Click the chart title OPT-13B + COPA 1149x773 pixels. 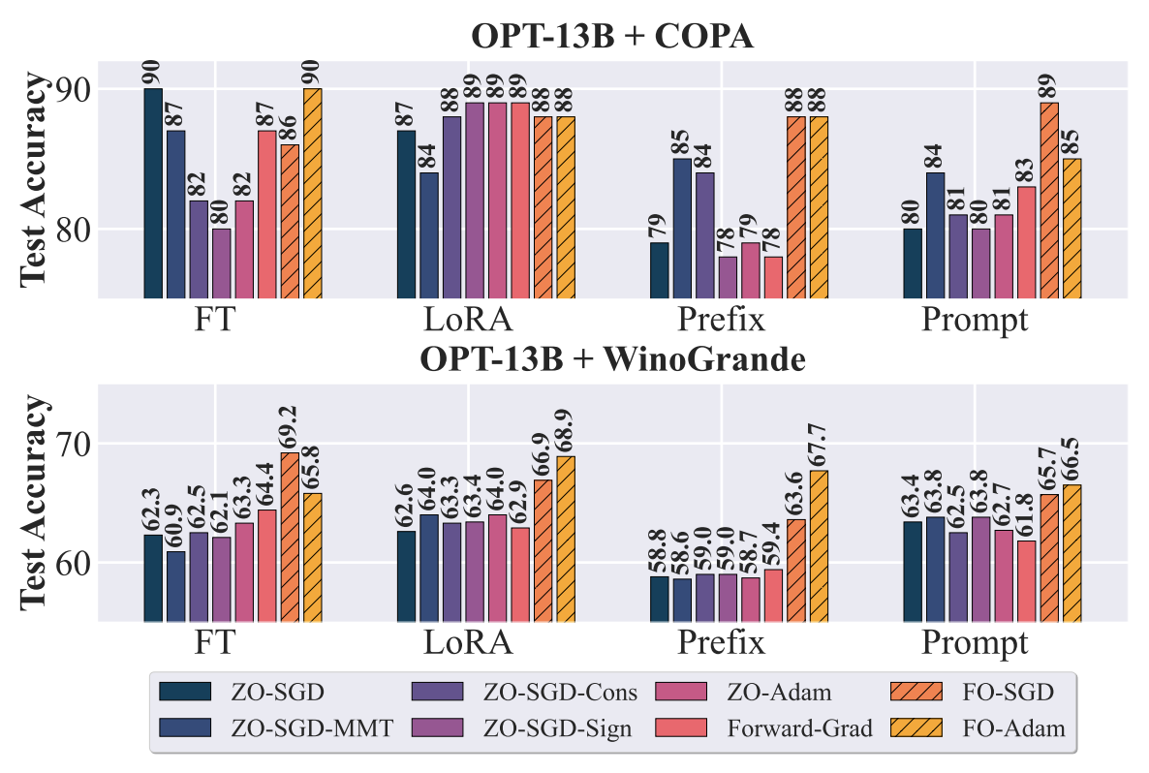[x=612, y=36]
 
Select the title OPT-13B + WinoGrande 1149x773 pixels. [x=612, y=359]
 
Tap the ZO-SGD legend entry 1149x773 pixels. [x=242, y=692]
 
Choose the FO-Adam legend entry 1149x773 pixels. [x=978, y=728]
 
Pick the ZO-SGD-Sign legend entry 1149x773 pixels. [x=522, y=728]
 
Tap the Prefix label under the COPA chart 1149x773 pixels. [x=721, y=320]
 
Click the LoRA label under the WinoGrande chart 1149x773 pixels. [x=468, y=642]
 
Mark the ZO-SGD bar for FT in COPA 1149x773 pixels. [x=153, y=194]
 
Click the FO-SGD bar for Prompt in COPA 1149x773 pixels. [x=1049, y=200]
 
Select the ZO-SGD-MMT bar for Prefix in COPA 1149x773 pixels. [x=682, y=229]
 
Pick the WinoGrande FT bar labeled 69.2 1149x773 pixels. [x=291, y=538]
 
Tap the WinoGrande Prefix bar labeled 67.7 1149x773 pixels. [x=820, y=546]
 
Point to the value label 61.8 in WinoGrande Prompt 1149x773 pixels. [x=1027, y=516]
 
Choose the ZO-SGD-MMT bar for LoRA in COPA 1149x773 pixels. [x=428, y=235]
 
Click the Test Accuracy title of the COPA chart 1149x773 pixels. [x=35, y=179]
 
